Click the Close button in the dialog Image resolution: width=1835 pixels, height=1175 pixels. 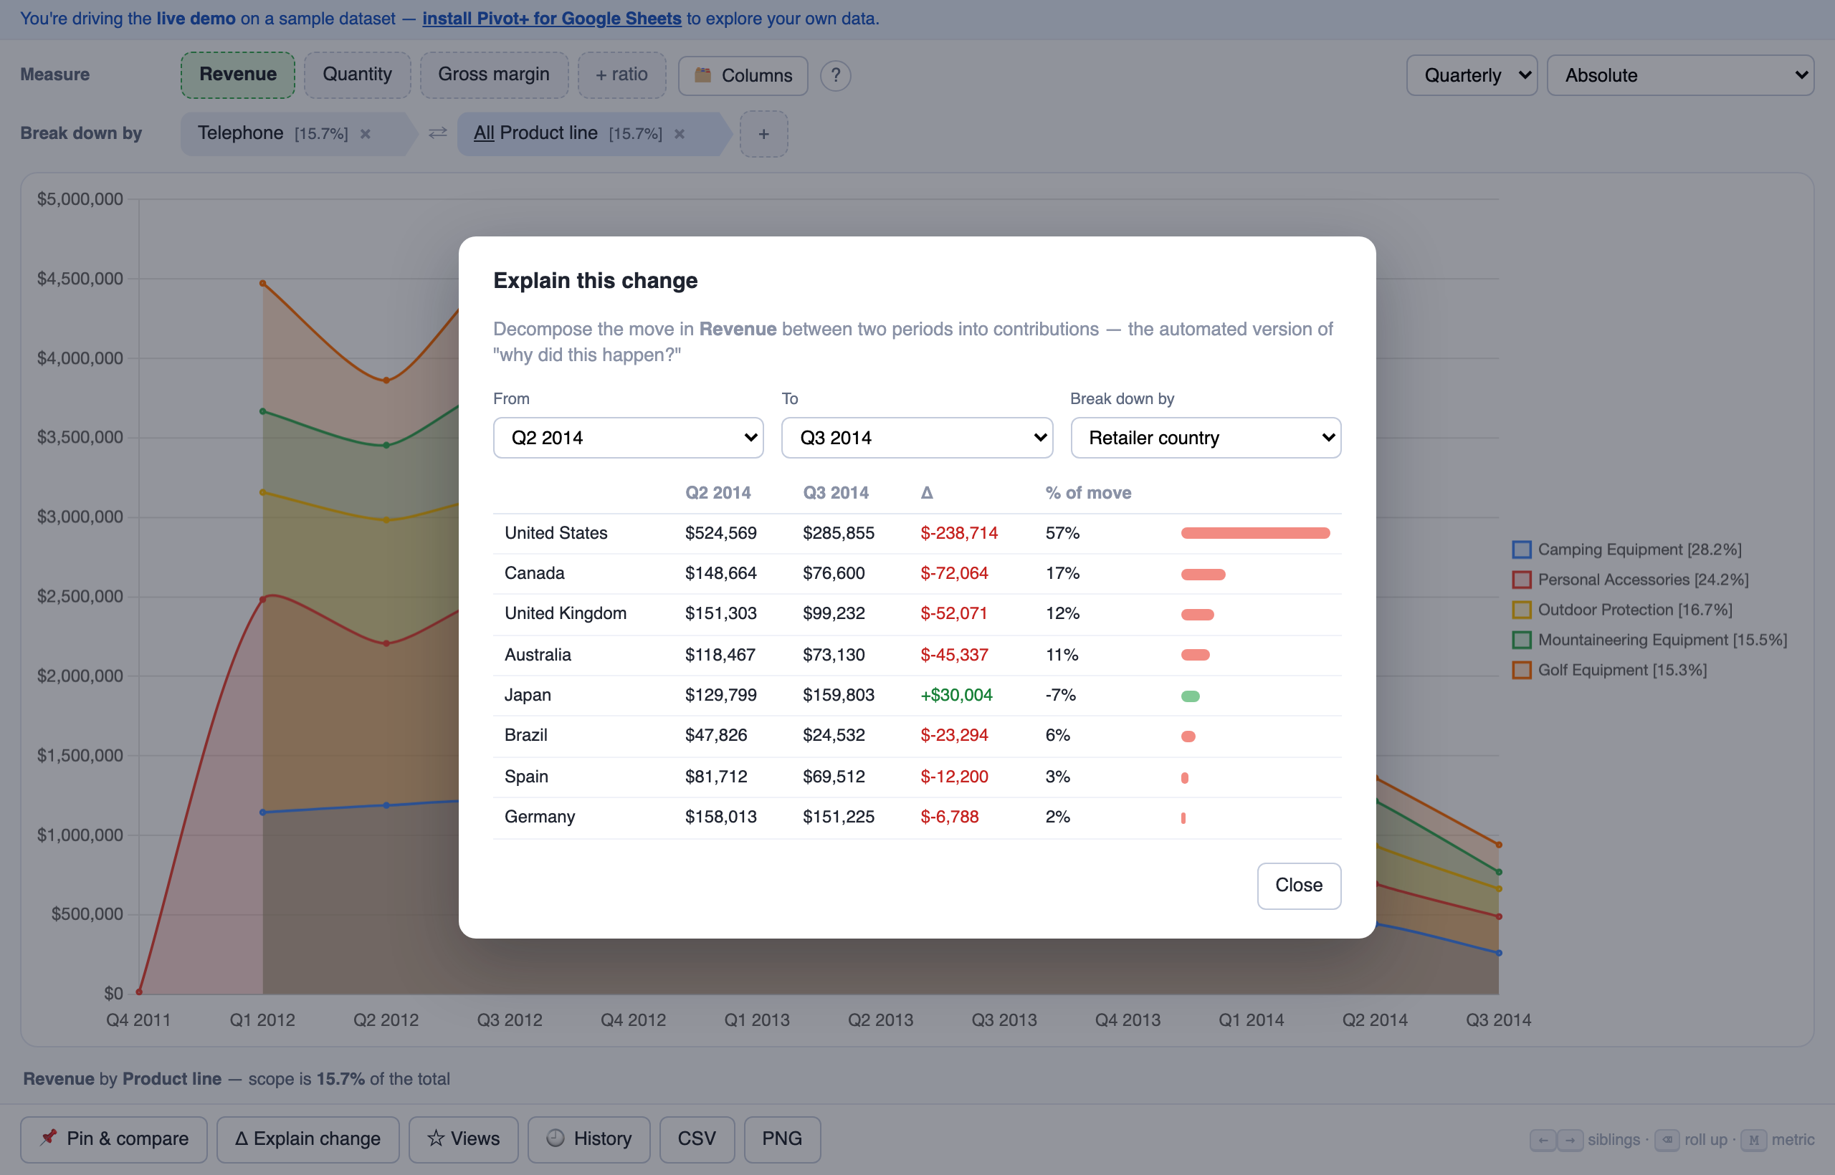(x=1298, y=885)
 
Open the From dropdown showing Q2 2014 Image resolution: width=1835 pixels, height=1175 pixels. (x=628, y=437)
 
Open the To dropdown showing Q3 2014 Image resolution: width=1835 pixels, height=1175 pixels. (x=917, y=437)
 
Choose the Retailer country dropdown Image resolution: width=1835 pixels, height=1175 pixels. (x=1205, y=437)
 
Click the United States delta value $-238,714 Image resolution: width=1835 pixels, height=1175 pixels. (x=959, y=532)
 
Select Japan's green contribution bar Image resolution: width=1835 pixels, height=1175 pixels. (x=1190, y=696)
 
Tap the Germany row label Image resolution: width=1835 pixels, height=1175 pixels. (x=540, y=816)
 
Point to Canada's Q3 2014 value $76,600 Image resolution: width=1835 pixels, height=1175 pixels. (x=834, y=573)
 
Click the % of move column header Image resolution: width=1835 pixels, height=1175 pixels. (x=1087, y=493)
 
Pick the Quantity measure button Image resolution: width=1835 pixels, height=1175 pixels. (x=357, y=75)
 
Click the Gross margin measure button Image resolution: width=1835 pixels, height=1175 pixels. (x=494, y=75)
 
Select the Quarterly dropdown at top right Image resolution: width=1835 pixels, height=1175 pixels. (x=1471, y=75)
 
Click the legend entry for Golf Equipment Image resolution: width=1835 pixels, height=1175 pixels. (x=1609, y=670)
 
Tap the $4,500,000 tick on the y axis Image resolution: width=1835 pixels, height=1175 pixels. (x=80, y=279)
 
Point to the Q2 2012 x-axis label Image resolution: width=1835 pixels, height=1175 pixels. (x=386, y=1020)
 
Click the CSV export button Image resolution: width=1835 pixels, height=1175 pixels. (x=697, y=1138)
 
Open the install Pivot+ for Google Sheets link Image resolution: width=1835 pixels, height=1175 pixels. (x=551, y=19)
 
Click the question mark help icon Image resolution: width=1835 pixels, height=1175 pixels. (x=836, y=75)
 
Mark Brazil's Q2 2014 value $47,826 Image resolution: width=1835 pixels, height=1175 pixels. (x=715, y=735)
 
